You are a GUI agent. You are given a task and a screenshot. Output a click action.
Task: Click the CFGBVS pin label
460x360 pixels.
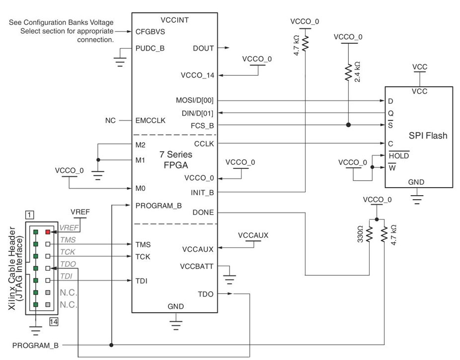point(150,31)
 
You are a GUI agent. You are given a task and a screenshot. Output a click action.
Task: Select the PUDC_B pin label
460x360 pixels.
point(150,49)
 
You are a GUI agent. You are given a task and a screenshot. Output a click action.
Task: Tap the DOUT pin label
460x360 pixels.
point(203,49)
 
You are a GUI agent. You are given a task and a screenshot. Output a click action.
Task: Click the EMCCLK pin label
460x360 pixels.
point(151,121)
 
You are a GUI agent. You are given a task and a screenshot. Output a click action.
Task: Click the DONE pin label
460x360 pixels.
point(203,213)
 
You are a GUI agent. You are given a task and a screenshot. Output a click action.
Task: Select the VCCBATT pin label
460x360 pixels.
point(197,266)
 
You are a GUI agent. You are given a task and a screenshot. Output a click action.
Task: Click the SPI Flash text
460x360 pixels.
point(428,135)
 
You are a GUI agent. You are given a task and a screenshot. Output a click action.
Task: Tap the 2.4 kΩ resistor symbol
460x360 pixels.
point(349,73)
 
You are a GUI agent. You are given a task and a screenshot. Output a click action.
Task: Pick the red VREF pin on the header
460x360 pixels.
point(48,231)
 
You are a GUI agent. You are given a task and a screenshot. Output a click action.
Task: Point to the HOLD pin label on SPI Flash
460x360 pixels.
point(399,155)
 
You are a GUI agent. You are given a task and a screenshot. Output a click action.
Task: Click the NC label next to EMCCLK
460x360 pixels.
point(111,121)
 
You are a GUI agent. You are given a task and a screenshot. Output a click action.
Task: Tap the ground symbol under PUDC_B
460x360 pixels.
point(119,62)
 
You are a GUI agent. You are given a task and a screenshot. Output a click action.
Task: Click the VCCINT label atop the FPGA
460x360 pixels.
point(175,20)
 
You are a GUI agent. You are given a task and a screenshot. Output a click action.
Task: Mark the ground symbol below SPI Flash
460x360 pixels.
point(416,199)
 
